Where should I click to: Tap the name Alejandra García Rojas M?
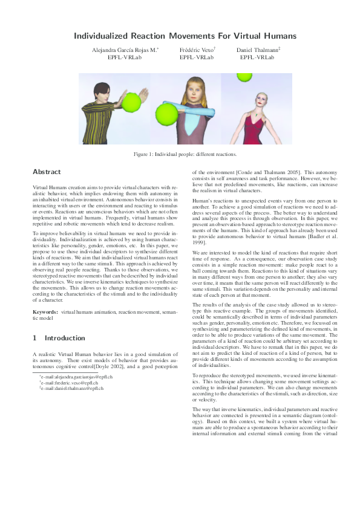tap(124, 50)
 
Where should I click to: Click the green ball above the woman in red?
tap(244, 77)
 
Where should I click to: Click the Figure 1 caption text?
tap(180, 155)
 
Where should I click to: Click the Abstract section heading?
tap(47, 172)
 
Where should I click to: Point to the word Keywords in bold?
tap(45, 312)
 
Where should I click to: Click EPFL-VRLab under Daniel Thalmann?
tap(257, 57)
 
